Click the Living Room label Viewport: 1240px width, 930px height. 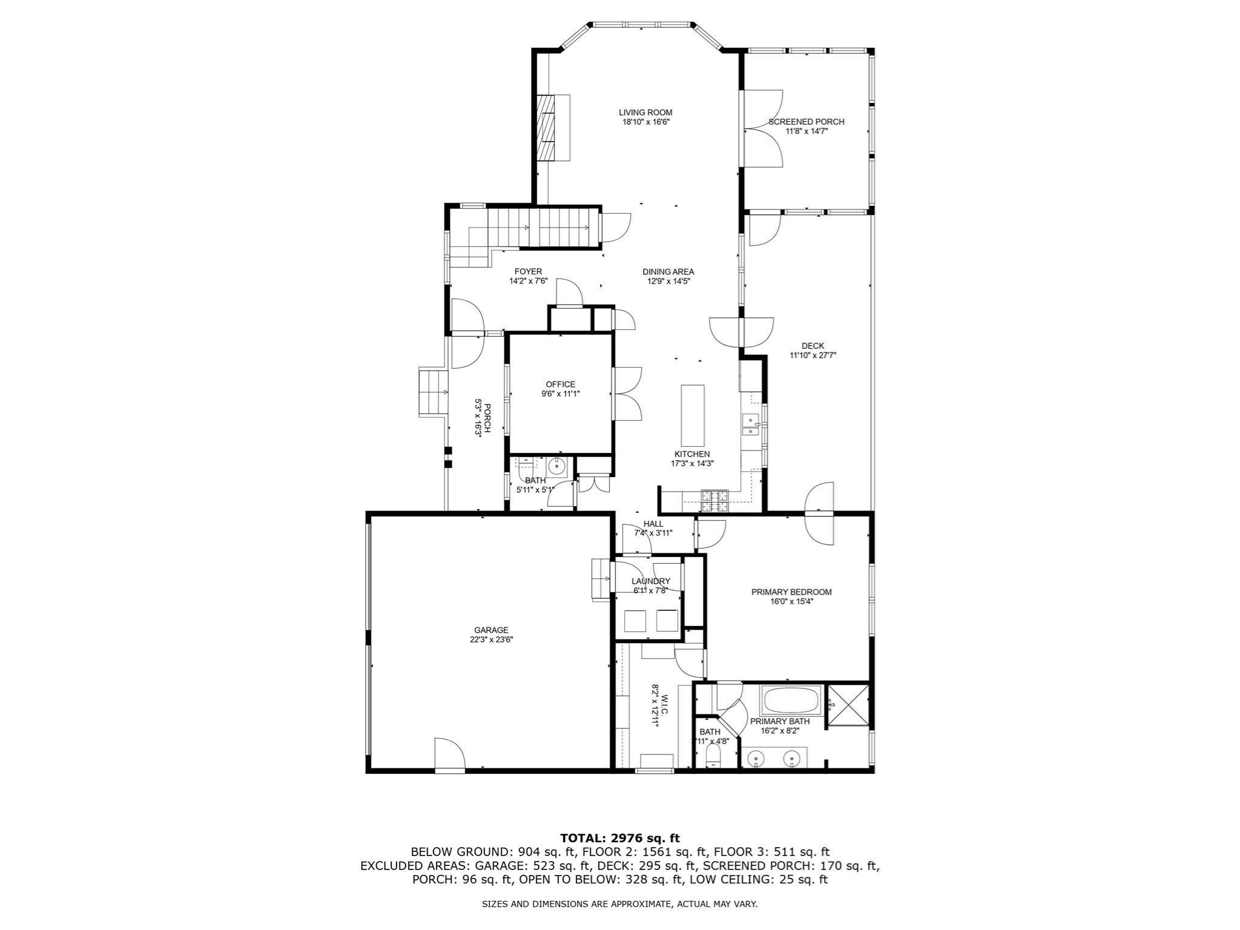pos(645,113)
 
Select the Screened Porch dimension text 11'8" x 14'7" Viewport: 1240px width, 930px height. pos(806,131)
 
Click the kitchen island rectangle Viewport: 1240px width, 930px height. pos(693,415)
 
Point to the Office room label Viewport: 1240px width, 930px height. pos(561,384)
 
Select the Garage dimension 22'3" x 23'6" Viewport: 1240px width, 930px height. pos(492,639)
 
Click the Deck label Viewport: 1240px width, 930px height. pos(813,346)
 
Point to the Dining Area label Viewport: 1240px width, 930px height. pos(668,272)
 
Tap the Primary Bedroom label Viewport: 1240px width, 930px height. pos(791,592)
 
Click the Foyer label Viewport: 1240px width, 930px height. pos(529,272)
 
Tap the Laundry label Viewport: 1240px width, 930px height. pos(651,581)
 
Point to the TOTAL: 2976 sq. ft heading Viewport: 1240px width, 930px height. pos(620,838)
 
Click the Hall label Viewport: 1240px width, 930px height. pos(653,524)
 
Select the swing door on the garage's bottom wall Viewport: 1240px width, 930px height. pos(449,754)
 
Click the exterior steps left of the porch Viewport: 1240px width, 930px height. pos(434,391)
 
